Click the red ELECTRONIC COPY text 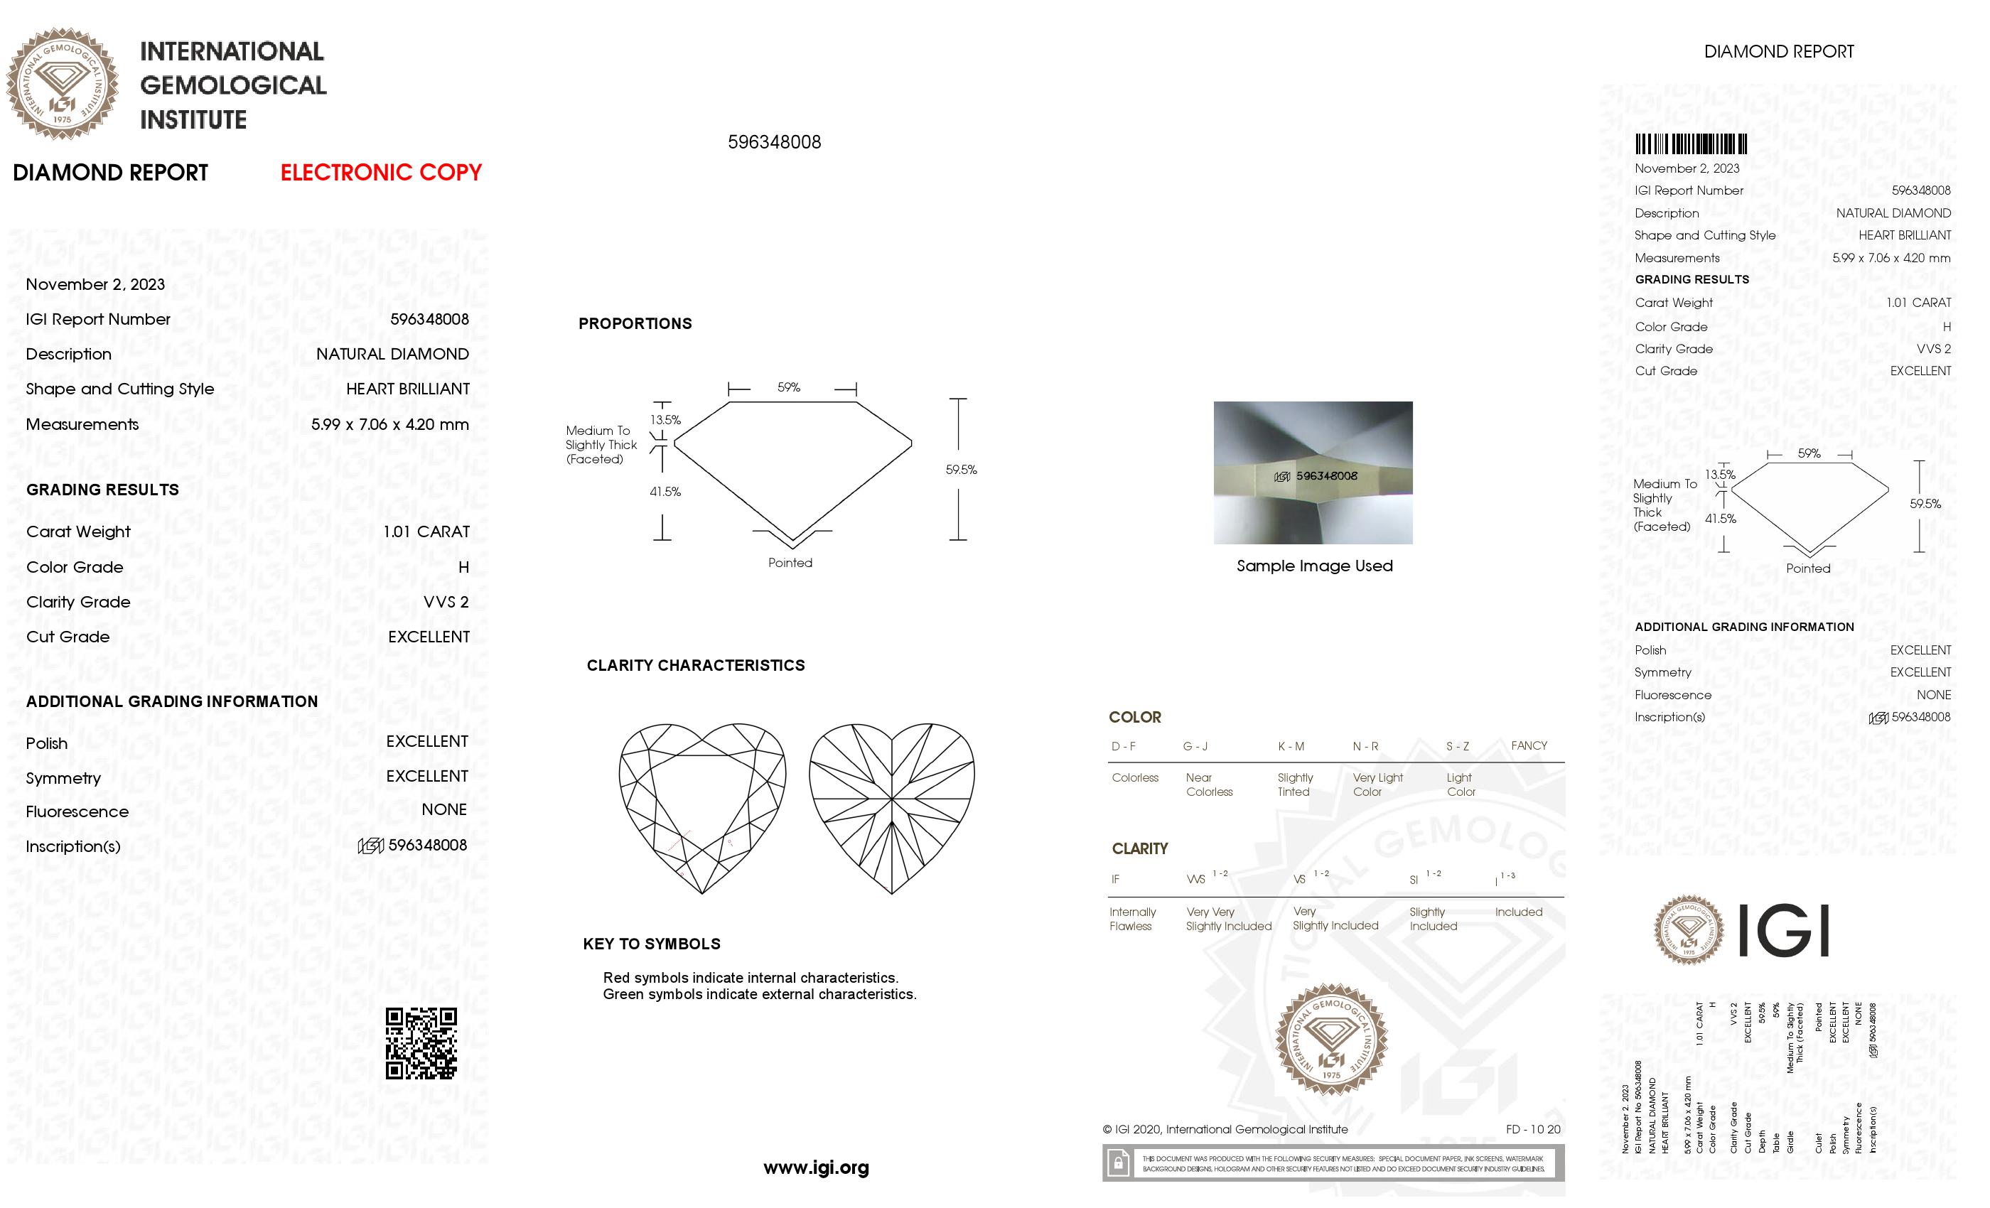pos(380,172)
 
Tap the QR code pos(421,1042)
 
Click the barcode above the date pos(1690,144)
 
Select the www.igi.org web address pos(816,1167)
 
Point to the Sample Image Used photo pos(1313,473)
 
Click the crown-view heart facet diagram pos(702,807)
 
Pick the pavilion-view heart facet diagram pos(892,807)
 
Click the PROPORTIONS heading pos(635,324)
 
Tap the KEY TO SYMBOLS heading pos(651,944)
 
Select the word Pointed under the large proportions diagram pos(790,563)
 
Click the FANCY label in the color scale pos(1528,745)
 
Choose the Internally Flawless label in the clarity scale pos(1131,919)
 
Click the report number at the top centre pos(774,142)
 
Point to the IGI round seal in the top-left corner pos(63,84)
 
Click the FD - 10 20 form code pos(1532,1129)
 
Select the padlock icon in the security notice pos(1118,1164)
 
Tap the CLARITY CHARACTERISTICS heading pos(695,665)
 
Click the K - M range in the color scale pos(1291,746)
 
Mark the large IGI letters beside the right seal pos(1782,930)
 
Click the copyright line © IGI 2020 pos(1225,1130)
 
